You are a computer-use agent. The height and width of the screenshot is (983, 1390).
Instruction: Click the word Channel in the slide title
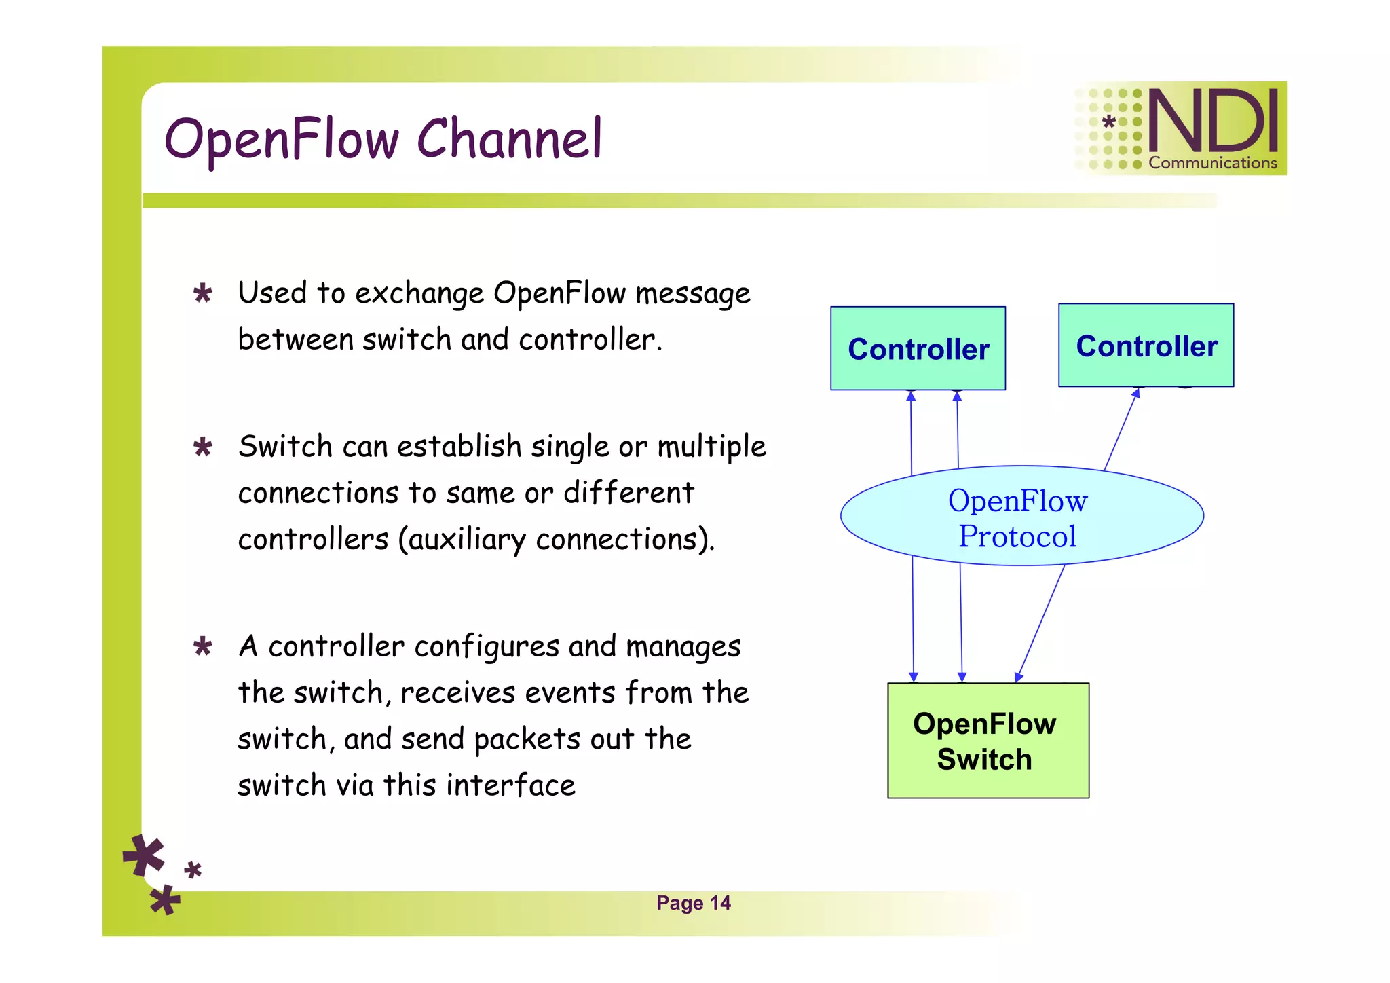point(509,139)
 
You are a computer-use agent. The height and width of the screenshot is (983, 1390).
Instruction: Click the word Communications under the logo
point(1213,163)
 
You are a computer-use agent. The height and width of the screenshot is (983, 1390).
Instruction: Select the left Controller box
point(918,348)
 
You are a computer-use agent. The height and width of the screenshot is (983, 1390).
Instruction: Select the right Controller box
point(1146,345)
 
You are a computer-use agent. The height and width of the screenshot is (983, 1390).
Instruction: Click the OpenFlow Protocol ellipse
point(1021,516)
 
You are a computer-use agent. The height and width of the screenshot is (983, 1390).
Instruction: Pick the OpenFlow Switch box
point(988,741)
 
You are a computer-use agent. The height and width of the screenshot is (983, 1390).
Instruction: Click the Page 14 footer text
point(693,903)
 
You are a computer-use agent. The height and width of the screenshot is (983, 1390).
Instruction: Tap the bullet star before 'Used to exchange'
point(202,294)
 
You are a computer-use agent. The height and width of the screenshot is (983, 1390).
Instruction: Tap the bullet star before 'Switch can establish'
point(202,447)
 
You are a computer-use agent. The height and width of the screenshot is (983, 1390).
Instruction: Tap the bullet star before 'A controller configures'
point(202,646)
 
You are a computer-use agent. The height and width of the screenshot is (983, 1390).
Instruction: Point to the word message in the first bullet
point(692,294)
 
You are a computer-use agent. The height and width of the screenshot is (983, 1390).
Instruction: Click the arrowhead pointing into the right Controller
point(1136,393)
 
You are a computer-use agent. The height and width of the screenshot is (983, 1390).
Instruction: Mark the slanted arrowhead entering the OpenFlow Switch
point(1018,677)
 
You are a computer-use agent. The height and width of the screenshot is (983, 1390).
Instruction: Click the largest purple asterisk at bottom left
point(144,855)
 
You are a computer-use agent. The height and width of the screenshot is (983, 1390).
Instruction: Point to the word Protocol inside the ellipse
point(1017,536)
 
